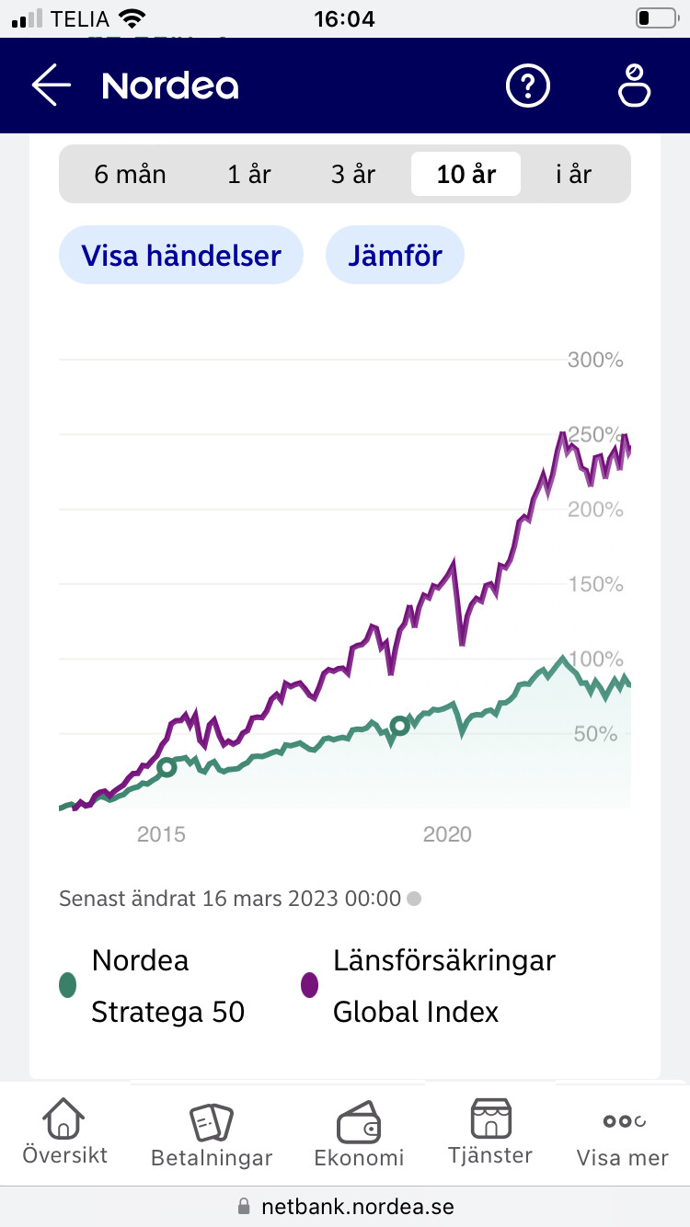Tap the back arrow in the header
pos(52,86)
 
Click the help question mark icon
pos(528,86)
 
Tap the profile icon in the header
pos(634,86)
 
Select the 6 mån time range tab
pos(130,174)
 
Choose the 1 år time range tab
pos(249,174)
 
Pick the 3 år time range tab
pos(353,174)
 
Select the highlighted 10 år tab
pos(466,174)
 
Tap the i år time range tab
pos(573,174)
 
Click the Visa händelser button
pos(181,255)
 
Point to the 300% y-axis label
pos(595,360)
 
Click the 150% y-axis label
pos(595,584)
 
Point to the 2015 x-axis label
pos(161,834)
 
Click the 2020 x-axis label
pos(447,834)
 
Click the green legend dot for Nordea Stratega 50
pos(66,985)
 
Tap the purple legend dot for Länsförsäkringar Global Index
pos(310,985)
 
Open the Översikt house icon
pos(64,1119)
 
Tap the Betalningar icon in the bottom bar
pos(212,1123)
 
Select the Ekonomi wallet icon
pos(359,1123)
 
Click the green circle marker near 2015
pos(167,767)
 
